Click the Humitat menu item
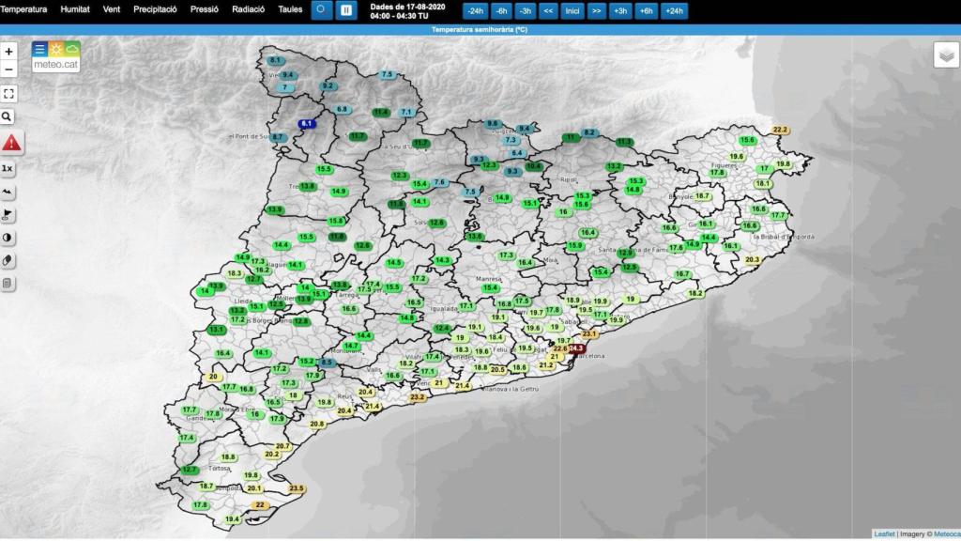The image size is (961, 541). [75, 9]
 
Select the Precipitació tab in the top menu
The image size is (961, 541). [155, 9]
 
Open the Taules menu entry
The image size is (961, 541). [290, 9]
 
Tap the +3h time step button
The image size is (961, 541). [619, 11]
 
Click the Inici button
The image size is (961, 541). [572, 11]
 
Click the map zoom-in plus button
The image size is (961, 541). [8, 52]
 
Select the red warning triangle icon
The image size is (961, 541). [11, 144]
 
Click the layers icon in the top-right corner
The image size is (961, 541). [946, 55]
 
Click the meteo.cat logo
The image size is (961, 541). [55, 57]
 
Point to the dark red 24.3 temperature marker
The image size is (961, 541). [576, 348]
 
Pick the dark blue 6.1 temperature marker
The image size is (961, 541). [308, 124]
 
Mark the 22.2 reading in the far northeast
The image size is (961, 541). [780, 130]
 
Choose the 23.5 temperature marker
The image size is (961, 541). [297, 488]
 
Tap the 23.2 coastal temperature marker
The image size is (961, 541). [418, 397]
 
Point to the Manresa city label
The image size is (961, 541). [488, 279]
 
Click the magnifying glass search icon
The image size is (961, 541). [8, 116]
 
